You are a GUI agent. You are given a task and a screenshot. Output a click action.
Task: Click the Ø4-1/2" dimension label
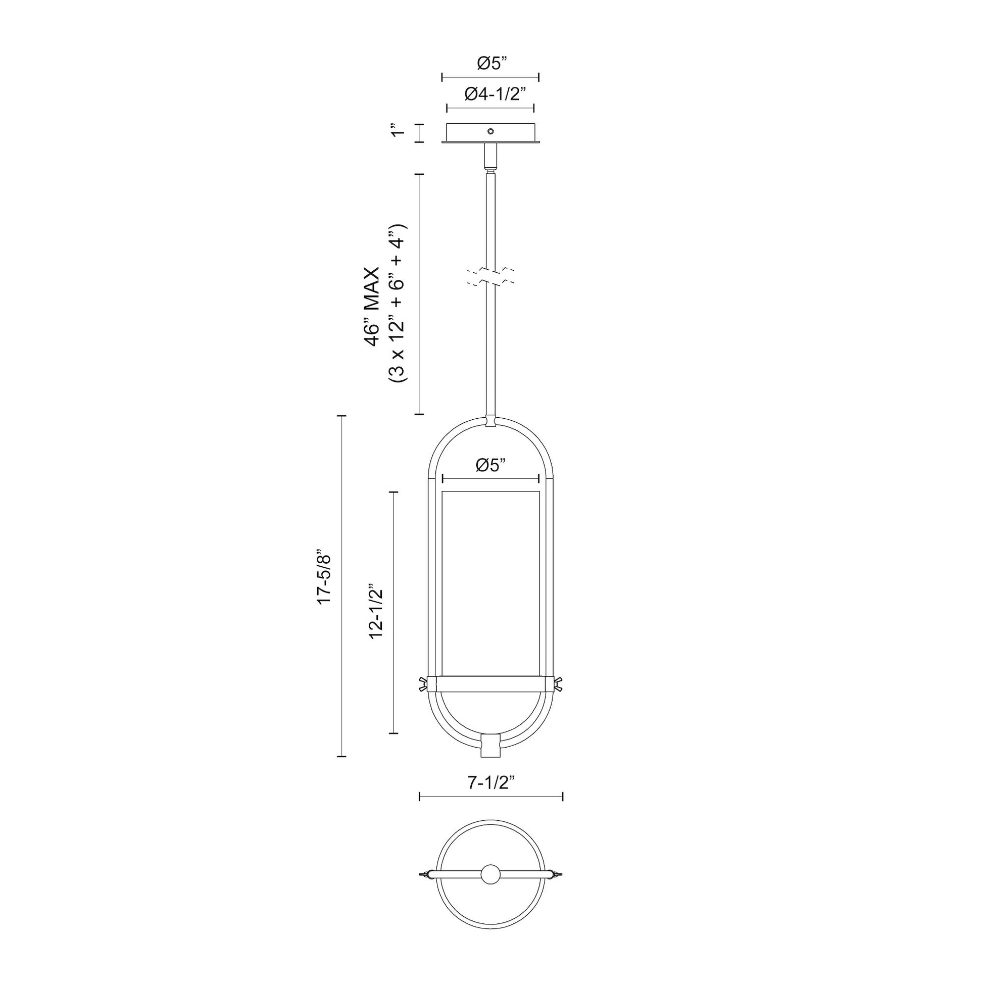(x=495, y=94)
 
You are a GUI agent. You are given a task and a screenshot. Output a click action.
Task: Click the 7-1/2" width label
(x=491, y=783)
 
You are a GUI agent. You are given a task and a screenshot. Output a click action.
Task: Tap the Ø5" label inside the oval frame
(x=491, y=466)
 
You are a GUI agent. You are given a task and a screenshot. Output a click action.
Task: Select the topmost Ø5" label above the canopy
(x=492, y=64)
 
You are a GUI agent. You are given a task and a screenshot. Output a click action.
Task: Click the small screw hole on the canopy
(x=490, y=131)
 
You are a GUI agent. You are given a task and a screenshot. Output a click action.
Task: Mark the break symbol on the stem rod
(x=490, y=276)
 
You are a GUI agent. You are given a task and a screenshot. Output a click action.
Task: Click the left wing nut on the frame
(x=423, y=684)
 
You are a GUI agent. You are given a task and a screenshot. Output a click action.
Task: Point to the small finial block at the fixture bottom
(x=490, y=751)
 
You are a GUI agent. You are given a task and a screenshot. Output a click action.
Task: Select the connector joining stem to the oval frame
(x=490, y=421)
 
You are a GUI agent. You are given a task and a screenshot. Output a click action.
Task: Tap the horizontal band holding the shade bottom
(x=490, y=684)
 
